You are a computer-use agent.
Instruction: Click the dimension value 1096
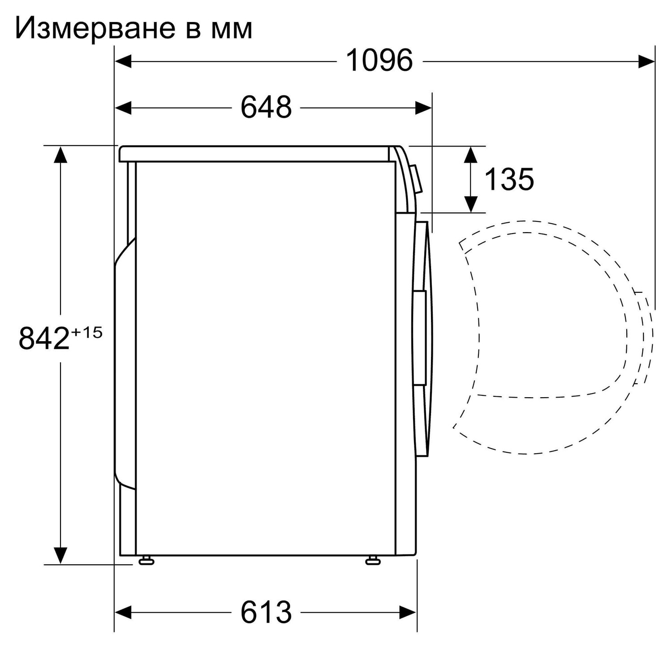click(x=379, y=61)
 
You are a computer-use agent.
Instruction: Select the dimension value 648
click(x=266, y=108)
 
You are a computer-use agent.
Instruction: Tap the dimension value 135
click(x=509, y=179)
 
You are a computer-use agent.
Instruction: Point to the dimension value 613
click(x=266, y=612)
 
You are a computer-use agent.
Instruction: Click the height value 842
click(x=44, y=338)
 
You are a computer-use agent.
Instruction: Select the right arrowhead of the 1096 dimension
click(x=646, y=61)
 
